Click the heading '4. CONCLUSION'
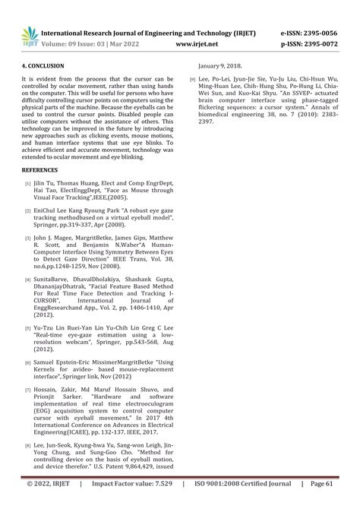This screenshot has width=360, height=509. [x=43, y=66]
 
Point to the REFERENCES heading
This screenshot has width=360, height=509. [x=40, y=169]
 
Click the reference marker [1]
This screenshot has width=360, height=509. [x=27, y=184]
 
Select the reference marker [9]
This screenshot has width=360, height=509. [x=194, y=80]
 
